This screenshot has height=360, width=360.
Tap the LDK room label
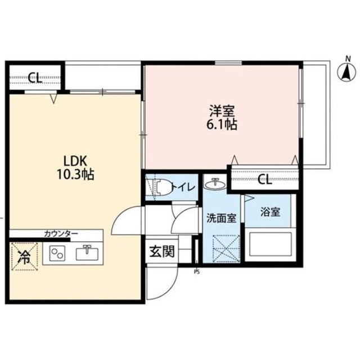coord(75,161)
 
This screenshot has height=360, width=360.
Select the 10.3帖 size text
coord(75,174)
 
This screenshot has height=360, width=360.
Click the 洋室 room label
coord(222,111)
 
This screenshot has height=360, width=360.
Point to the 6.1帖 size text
coord(222,125)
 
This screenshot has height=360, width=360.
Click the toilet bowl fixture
coord(164,187)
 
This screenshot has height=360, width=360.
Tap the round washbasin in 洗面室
coord(215,183)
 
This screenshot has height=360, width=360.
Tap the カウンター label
coord(61,234)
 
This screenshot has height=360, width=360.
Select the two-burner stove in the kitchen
coord(57,253)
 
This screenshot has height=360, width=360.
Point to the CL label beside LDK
coord(35,78)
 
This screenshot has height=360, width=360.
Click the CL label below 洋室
coord(264,179)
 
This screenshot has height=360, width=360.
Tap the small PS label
coord(197,272)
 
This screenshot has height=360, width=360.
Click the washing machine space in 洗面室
coord(226,249)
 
